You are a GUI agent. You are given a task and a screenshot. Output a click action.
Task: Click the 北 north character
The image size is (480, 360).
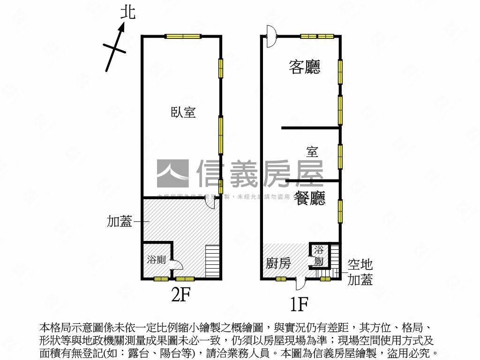[x=127, y=12]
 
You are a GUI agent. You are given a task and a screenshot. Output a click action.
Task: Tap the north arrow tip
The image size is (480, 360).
[x=124, y=26]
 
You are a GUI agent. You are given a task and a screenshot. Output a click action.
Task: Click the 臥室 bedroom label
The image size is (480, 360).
[x=183, y=112]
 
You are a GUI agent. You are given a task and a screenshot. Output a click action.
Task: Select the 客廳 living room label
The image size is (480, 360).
[x=305, y=67]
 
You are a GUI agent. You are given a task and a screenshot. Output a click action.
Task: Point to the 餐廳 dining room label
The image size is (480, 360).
[x=310, y=199]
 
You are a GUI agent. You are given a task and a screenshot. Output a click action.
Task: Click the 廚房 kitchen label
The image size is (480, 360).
[x=278, y=263]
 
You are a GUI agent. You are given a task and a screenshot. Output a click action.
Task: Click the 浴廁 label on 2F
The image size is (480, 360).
[x=157, y=260]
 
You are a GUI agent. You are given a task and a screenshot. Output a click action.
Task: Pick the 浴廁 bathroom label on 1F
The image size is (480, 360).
[x=319, y=256]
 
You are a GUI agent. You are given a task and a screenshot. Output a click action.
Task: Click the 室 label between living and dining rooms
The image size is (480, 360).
[x=312, y=152]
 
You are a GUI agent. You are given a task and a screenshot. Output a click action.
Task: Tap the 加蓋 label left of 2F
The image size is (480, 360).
[x=120, y=221]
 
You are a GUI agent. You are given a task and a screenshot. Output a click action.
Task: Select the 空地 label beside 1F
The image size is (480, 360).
[x=360, y=264]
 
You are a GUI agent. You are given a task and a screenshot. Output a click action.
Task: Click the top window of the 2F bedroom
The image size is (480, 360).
[x=183, y=36]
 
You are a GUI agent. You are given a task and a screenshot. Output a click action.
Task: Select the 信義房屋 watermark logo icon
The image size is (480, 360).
[x=172, y=173]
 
